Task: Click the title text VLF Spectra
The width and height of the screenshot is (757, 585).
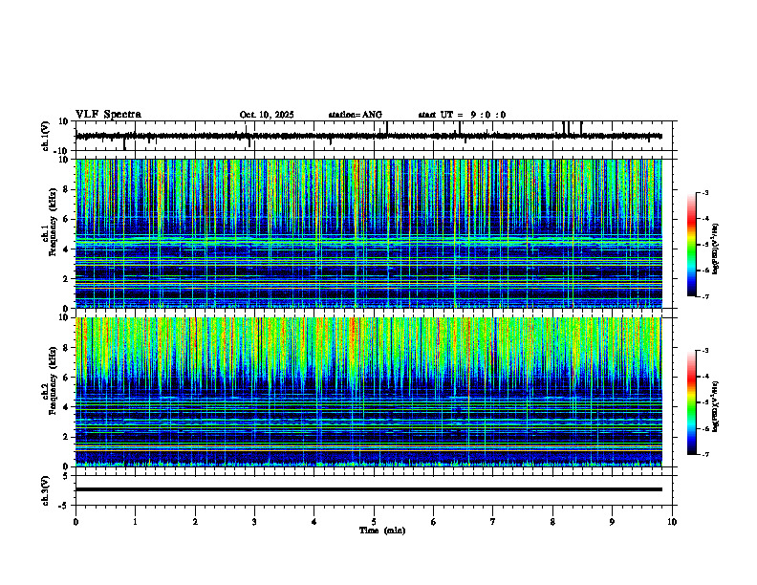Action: [x=108, y=115]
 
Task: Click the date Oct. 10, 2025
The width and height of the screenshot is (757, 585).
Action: [x=267, y=115]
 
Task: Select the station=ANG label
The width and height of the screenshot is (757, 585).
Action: [x=356, y=115]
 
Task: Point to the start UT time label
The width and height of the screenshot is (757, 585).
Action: [x=462, y=115]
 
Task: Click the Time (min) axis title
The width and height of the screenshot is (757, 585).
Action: [x=381, y=530]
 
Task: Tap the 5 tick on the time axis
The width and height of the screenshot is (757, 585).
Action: [x=374, y=522]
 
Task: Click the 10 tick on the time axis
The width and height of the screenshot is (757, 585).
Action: [x=672, y=522]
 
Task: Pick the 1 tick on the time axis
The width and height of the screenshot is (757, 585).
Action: [x=135, y=522]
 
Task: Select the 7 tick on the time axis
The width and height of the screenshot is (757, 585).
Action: [x=493, y=522]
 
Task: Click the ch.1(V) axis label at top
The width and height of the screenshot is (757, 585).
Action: [x=46, y=137]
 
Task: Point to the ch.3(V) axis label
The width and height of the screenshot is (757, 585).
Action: [x=46, y=488]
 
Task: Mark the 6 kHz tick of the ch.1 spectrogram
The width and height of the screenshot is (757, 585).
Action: [x=67, y=219]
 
